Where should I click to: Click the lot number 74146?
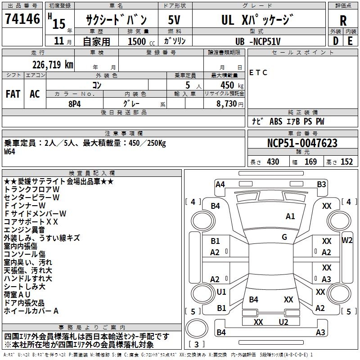(22, 19)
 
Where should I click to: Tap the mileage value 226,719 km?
(53, 65)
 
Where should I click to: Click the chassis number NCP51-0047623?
(302, 143)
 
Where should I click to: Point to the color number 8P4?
(75, 104)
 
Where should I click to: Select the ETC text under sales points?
(258, 72)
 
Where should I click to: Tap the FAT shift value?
(13, 94)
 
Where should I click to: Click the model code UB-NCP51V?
(258, 41)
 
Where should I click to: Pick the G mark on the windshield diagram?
(284, 237)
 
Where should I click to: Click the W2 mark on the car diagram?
(347, 240)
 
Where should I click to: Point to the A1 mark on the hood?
(290, 216)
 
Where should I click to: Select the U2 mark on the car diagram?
(283, 322)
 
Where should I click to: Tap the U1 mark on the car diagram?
(221, 292)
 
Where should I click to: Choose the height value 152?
(346, 162)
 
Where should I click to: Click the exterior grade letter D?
(336, 41)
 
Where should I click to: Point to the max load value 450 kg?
(232, 85)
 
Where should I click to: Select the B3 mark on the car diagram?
(321, 184)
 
